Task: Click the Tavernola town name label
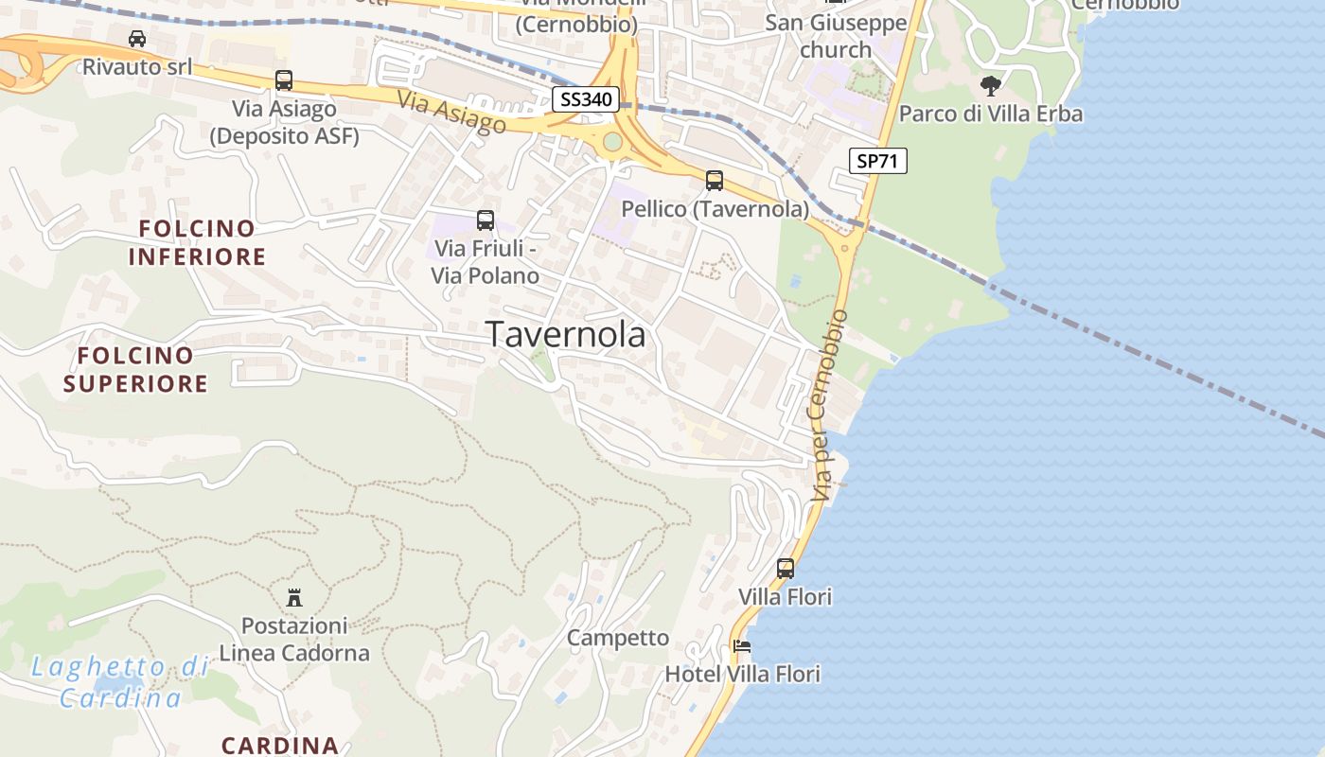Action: (566, 334)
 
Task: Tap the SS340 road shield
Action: (586, 98)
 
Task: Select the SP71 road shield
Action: (876, 161)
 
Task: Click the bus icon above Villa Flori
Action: (786, 569)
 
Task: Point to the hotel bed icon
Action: (742, 646)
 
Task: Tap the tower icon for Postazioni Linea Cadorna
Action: (294, 597)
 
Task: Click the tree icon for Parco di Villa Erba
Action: (991, 86)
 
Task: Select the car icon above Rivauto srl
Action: (137, 39)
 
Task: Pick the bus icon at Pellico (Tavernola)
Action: (715, 180)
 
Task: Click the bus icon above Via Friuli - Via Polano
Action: (486, 220)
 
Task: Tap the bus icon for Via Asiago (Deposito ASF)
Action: (284, 80)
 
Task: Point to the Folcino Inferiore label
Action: (197, 242)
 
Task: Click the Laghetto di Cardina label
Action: (120, 682)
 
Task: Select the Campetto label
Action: (618, 638)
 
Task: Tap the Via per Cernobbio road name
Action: (826, 405)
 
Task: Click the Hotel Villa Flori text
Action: (742, 674)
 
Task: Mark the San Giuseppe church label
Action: (836, 36)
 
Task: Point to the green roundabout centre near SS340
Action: (612, 142)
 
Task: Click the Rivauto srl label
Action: (137, 66)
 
